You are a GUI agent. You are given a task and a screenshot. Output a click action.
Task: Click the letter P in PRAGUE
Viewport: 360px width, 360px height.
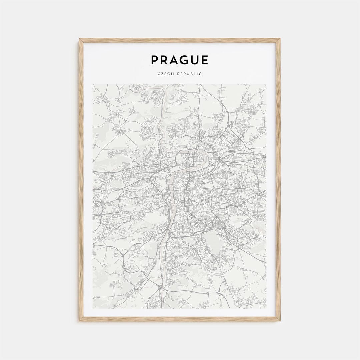click(x=155, y=60)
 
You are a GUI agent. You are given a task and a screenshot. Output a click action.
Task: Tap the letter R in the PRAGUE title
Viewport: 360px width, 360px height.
click(x=165, y=60)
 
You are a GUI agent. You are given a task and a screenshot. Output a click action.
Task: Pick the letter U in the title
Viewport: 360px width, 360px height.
click(x=195, y=60)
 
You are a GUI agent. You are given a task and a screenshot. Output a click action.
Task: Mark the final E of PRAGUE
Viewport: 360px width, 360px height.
click(x=205, y=60)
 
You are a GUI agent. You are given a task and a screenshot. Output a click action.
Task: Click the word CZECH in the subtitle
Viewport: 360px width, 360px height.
click(x=165, y=74)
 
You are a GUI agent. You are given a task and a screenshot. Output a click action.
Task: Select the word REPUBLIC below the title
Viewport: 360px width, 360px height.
click(x=189, y=74)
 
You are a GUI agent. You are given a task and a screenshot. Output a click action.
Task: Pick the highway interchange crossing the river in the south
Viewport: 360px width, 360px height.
click(x=160, y=286)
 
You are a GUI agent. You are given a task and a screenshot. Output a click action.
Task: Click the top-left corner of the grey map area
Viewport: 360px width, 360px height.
click(x=93, y=84)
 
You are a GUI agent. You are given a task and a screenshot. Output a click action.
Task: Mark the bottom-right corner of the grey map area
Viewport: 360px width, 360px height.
click(x=266, y=308)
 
